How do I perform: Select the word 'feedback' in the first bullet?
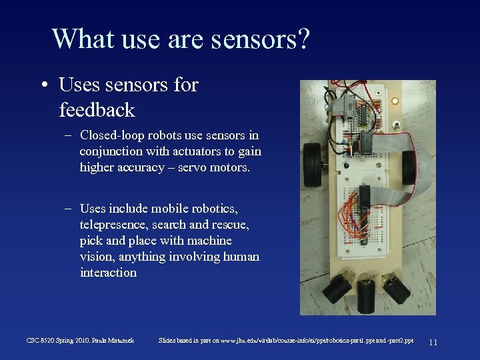coord(97,109)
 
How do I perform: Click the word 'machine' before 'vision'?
coord(209,241)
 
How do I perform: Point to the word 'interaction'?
coord(108,273)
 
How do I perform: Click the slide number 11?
coord(433,342)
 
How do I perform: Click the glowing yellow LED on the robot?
coord(395,101)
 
